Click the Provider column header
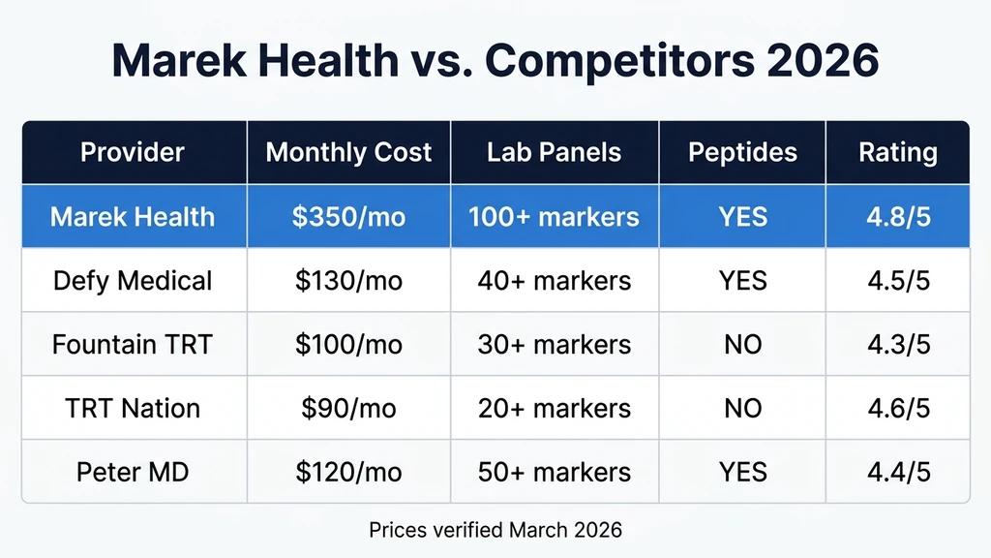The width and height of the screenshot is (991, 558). click(133, 152)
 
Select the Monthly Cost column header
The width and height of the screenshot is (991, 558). click(348, 152)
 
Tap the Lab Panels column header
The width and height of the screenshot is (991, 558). click(554, 152)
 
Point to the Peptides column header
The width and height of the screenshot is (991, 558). click(742, 152)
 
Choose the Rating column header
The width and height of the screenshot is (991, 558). click(897, 152)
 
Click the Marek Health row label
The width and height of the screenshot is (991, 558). click(133, 215)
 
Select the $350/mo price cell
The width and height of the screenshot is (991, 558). click(348, 215)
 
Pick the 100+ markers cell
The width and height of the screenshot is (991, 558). click(554, 215)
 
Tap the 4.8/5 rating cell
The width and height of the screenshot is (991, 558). click(897, 215)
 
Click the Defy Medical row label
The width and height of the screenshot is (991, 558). click(133, 281)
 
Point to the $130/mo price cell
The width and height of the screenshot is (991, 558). click(348, 281)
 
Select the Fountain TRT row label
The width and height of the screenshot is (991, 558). click(133, 344)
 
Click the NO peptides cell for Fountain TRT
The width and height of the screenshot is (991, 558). click(742, 344)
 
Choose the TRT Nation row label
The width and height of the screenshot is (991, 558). click(133, 408)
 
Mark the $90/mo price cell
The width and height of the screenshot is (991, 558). click(348, 408)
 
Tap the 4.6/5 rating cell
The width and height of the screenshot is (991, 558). click(897, 408)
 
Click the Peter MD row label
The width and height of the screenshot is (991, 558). click(133, 472)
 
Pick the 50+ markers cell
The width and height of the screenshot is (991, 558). click(554, 472)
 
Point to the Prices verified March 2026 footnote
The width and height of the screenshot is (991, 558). click(495, 530)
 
